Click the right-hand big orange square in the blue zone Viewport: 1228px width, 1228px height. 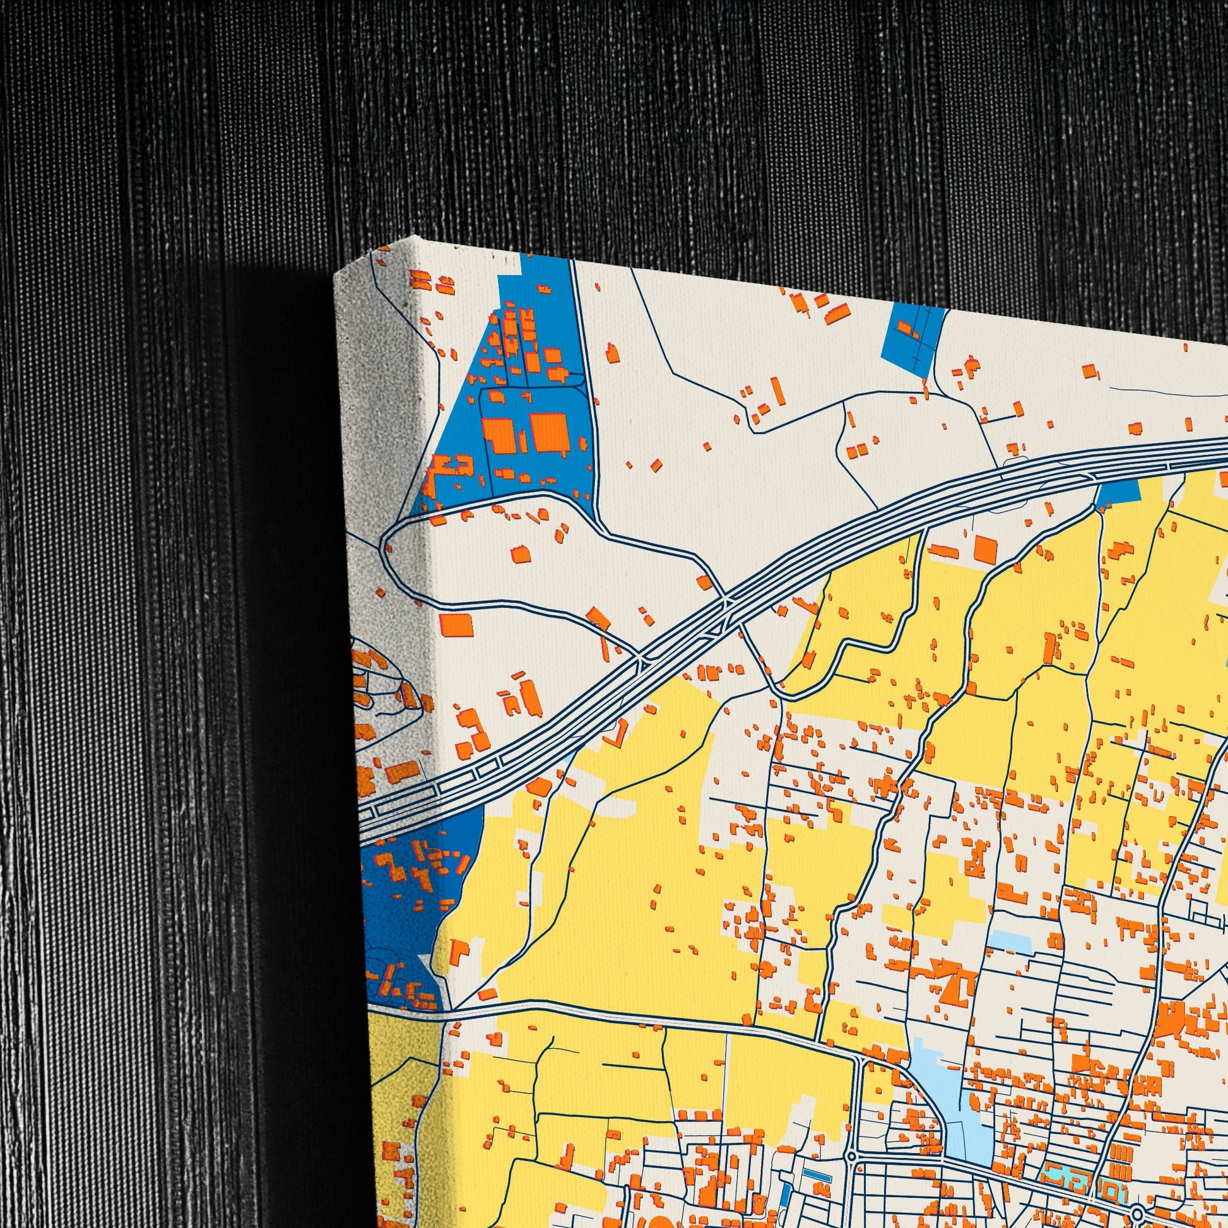click(549, 433)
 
